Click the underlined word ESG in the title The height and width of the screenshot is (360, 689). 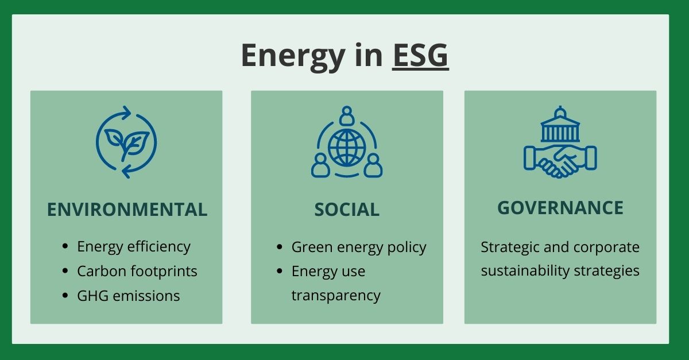(x=420, y=56)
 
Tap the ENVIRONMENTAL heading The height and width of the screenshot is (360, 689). (x=127, y=210)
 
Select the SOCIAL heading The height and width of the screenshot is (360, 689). (x=347, y=210)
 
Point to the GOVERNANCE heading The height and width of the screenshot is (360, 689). (x=560, y=207)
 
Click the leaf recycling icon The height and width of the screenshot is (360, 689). (x=126, y=141)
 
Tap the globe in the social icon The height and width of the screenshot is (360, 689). (x=347, y=147)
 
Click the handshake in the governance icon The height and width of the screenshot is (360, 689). (x=560, y=161)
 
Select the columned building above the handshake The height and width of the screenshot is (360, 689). (x=560, y=126)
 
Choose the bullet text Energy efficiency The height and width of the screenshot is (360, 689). (x=134, y=246)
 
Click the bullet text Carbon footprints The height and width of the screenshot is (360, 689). (x=137, y=271)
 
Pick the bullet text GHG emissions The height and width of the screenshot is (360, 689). (x=129, y=296)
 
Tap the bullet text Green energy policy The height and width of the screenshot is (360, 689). (x=359, y=247)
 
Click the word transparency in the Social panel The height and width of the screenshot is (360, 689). (x=336, y=295)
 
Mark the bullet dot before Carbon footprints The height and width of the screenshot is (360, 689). (x=65, y=271)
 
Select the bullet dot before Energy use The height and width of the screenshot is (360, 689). (x=280, y=271)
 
